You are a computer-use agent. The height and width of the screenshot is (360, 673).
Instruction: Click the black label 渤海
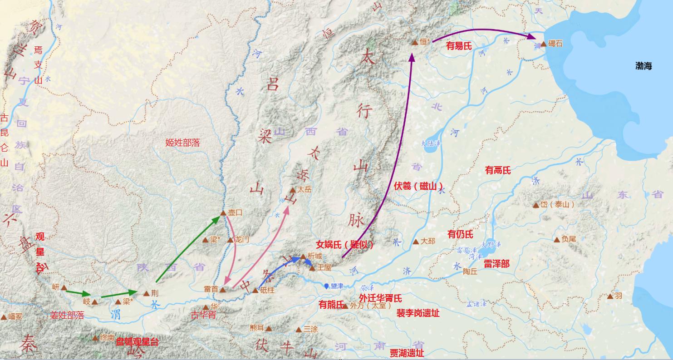pos(644,66)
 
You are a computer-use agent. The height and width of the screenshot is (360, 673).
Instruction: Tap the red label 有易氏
pos(459,46)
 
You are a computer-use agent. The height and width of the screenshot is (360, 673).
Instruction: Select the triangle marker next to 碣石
pos(543,44)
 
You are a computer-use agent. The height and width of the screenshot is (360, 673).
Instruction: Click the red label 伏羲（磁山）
pos(418,186)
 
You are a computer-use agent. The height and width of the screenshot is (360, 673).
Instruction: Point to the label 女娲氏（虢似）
pos(345,245)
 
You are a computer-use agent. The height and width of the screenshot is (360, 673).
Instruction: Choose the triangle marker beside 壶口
pos(223,213)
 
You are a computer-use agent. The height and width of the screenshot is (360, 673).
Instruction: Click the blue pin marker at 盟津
pos(326,286)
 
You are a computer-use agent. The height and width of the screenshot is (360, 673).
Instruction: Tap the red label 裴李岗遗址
pos(418,313)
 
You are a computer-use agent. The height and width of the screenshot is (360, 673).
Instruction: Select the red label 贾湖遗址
pos(407,353)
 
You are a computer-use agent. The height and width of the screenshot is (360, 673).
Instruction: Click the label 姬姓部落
pos(182,143)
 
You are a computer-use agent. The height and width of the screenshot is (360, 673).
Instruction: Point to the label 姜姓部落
pos(67,315)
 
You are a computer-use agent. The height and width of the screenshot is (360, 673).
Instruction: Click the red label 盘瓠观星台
pos(137,342)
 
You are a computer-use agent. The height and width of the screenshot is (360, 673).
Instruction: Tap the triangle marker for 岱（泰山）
pos(536,205)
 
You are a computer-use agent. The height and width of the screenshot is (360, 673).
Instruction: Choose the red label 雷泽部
pos(496,264)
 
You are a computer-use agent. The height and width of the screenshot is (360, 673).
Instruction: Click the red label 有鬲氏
pos(497,170)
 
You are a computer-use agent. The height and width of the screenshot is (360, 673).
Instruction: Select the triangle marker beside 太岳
pos(293,190)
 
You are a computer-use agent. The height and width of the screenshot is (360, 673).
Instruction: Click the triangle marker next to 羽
pos(610,297)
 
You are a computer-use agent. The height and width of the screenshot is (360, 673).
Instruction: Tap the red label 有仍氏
pos(460,234)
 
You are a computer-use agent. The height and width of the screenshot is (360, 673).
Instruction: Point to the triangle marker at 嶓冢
pos(4,317)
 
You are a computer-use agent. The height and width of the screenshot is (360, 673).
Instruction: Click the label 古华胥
pos(203,315)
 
